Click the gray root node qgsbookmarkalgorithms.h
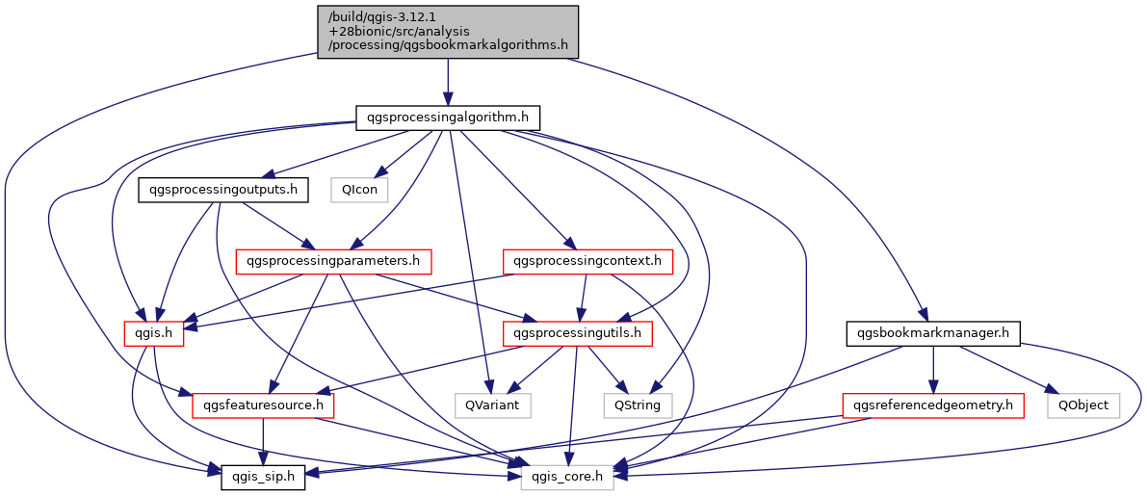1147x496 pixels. click(x=448, y=31)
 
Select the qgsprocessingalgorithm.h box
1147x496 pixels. click(x=448, y=118)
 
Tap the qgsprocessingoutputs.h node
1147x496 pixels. click(x=223, y=190)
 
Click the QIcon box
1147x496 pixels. click(x=359, y=190)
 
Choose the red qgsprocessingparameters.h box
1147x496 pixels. click(x=333, y=261)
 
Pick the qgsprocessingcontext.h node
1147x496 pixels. click(x=587, y=261)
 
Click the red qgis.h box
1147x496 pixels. click(x=146, y=333)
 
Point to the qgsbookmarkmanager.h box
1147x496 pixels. click(x=932, y=333)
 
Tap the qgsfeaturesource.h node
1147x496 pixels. click(x=264, y=405)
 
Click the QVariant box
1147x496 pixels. click(x=493, y=405)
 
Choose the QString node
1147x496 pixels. click(x=638, y=405)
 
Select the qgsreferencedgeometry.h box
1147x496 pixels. click(x=931, y=405)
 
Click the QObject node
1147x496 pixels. click(x=1083, y=405)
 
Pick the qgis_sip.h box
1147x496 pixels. click(x=263, y=477)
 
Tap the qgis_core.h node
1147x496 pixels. click(x=567, y=477)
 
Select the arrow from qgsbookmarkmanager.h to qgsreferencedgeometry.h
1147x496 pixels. click(x=931, y=370)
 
